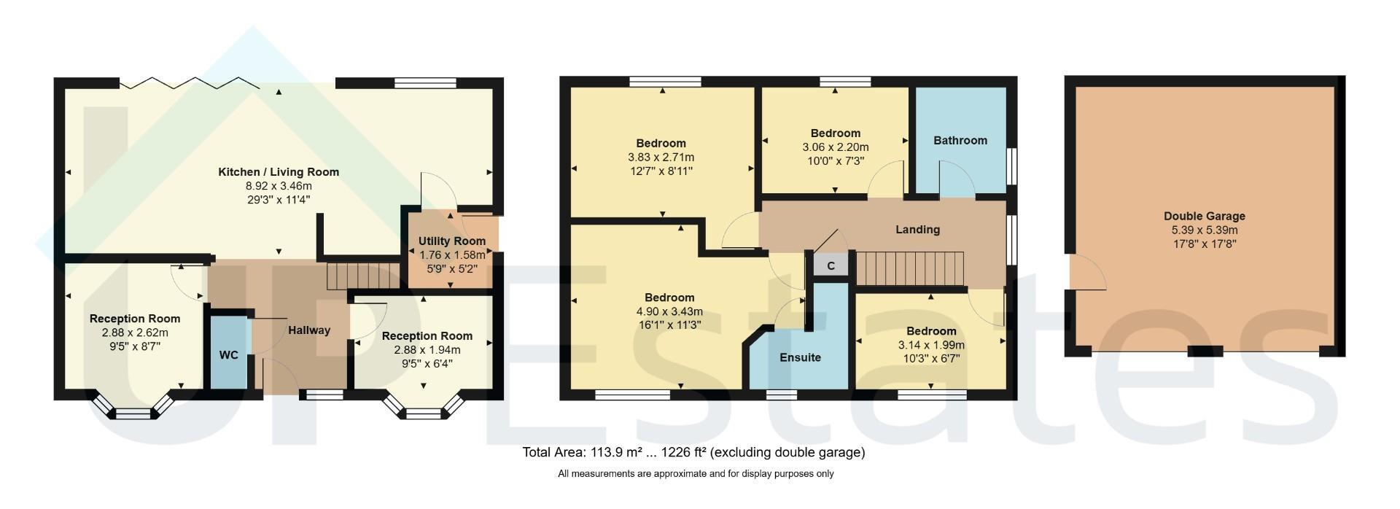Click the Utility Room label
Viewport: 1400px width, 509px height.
pos(452,241)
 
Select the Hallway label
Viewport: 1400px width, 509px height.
pos(309,330)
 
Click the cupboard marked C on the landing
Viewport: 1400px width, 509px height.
pos(831,265)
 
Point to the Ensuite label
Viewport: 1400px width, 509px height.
pos(800,357)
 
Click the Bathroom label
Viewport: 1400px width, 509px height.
pos(960,140)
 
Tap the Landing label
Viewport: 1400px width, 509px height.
pos(917,230)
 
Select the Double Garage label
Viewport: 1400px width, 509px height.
pos(1204,216)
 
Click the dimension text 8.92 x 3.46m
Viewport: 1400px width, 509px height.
pos(279,186)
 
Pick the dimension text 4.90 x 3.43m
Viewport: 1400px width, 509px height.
pos(669,311)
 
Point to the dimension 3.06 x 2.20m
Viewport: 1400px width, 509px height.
pos(836,147)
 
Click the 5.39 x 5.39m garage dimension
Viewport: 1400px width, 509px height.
pos(1204,230)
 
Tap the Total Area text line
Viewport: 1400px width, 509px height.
pos(693,452)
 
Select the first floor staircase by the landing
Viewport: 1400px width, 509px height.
pos(909,269)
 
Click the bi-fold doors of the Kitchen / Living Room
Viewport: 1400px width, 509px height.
pos(190,82)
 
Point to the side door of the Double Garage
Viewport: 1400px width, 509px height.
pos(1087,273)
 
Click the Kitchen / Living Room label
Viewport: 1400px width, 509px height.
pos(279,172)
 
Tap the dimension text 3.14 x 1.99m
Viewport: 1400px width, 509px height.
pos(931,345)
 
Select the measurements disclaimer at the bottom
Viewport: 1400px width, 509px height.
pos(696,474)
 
